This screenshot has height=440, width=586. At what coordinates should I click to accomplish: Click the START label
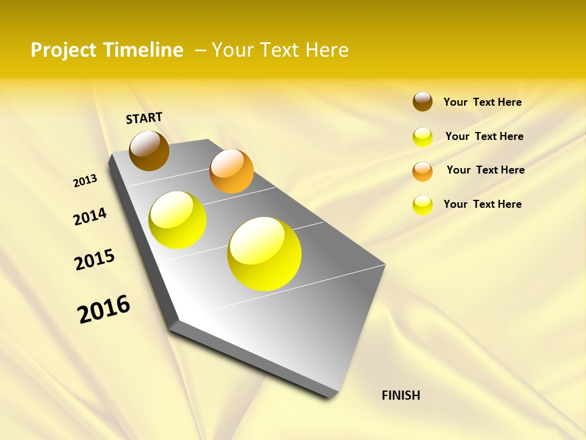144,118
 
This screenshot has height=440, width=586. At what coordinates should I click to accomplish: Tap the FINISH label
400,395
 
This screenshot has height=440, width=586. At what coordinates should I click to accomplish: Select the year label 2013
85,181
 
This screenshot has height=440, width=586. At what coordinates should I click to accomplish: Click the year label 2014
90,216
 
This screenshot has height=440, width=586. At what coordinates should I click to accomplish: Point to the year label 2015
95,260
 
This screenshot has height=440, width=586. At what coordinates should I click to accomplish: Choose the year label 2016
104,309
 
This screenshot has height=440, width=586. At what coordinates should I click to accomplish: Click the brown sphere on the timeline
149,151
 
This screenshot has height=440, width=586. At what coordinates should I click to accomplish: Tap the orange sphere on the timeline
231,171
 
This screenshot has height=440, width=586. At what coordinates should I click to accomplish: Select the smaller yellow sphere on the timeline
178,220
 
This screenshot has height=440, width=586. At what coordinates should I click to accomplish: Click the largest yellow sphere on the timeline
264,254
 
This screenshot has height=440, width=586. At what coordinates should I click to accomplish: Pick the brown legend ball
422,101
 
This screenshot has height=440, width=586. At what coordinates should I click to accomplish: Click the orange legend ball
422,171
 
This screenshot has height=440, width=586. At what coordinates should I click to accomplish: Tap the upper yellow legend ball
422,137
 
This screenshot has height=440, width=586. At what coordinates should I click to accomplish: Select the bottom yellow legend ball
422,205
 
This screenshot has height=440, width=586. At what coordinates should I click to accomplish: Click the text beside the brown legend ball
482,102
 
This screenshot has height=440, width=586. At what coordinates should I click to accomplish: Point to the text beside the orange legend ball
485,170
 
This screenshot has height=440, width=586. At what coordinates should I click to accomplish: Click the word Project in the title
64,50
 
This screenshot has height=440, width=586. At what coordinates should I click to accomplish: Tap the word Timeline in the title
143,50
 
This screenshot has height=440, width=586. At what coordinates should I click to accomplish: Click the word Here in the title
327,50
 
